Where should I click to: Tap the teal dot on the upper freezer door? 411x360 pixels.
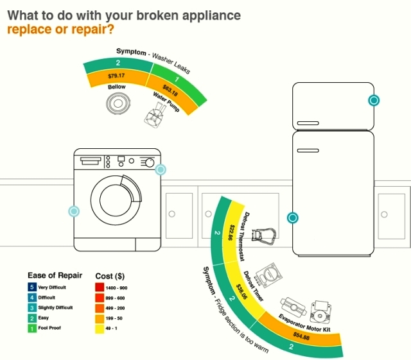374,100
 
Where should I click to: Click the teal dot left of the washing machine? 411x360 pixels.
74,211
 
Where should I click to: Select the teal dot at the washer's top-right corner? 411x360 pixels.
161,169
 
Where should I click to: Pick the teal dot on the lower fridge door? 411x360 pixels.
293,218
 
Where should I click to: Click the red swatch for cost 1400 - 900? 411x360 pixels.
100,287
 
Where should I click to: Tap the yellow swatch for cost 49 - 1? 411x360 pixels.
100,329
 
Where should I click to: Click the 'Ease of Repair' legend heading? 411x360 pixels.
55,275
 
